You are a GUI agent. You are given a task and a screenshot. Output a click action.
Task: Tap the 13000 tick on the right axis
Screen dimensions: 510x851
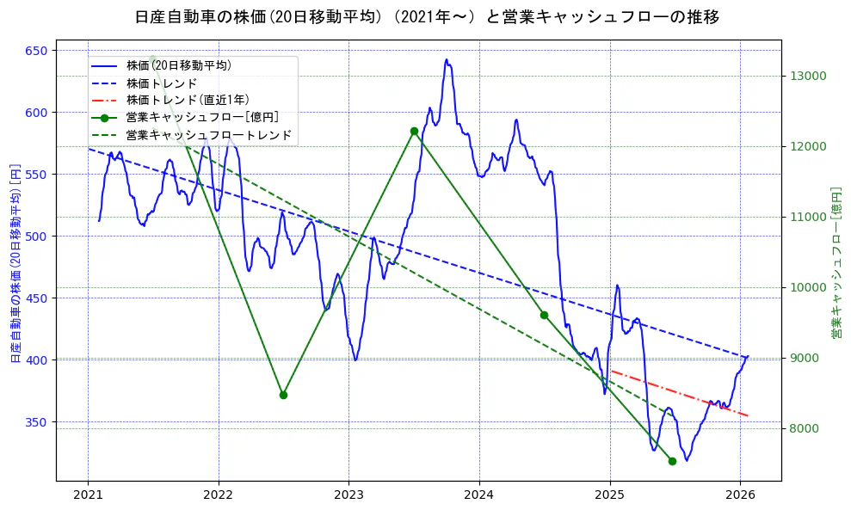tap(808, 76)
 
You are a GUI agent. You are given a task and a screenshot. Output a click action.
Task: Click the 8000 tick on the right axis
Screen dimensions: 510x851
tap(805, 428)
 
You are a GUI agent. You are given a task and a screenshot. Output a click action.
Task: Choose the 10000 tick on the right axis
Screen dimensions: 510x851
tap(808, 287)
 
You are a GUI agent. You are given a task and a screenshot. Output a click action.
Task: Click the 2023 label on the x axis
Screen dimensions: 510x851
tap(348, 495)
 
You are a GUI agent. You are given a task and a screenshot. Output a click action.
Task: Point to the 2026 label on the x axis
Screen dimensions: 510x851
tap(740, 495)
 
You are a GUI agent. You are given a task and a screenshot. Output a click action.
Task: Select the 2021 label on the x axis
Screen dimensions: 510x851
tap(88, 495)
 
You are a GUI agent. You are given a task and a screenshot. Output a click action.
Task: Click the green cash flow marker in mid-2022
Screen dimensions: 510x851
tap(283, 395)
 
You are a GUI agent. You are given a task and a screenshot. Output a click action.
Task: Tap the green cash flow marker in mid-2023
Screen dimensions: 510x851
tap(414, 131)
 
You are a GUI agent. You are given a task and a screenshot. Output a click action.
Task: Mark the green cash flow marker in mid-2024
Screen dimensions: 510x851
tap(544, 315)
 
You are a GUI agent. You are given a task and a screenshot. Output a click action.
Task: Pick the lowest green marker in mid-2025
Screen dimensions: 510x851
tap(672, 461)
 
